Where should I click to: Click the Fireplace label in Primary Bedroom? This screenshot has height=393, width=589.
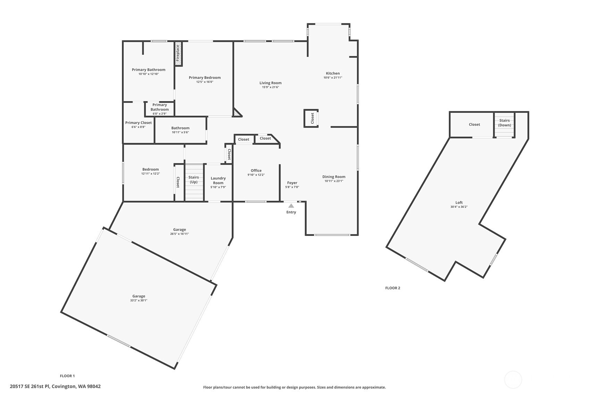tap(178, 53)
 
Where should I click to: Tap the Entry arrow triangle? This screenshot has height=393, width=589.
tap(291, 206)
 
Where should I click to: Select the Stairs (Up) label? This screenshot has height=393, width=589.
tap(194, 180)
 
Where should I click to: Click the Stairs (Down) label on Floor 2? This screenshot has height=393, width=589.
tap(504, 123)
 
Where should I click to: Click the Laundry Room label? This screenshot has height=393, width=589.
tap(218, 180)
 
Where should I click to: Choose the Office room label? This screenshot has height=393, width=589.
tap(256, 171)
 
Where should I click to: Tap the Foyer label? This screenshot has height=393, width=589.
tap(292, 183)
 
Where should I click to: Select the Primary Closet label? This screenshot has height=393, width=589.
tap(138, 123)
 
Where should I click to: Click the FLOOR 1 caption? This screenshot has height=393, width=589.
tap(67, 376)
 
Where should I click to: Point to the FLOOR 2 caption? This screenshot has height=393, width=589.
tap(393, 288)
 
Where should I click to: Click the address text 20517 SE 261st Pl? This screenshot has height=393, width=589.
tap(55, 386)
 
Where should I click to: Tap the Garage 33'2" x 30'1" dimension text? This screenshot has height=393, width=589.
tap(138, 301)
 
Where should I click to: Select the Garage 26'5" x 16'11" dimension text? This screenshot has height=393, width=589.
tap(179, 234)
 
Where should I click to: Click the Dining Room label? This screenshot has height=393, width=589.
tap(334, 177)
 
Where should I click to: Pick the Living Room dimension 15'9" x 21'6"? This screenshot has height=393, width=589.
tap(270, 87)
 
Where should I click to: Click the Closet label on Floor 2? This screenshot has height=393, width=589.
tap(474, 124)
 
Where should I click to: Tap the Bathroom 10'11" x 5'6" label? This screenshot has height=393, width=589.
tap(180, 130)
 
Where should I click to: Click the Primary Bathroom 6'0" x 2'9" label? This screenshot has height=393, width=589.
tap(160, 109)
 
